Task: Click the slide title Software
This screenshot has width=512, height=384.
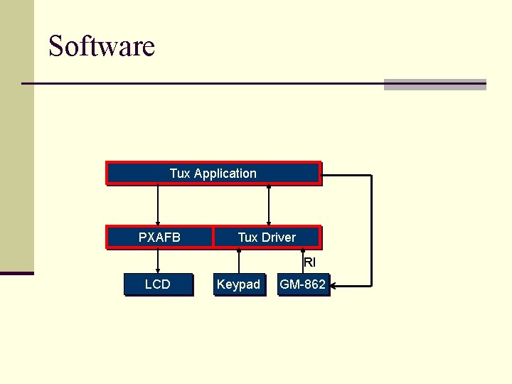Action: tap(101, 47)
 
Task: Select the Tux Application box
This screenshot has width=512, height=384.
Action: tap(213, 174)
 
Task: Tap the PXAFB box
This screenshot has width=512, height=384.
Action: tap(159, 238)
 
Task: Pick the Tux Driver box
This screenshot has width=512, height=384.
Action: tap(267, 238)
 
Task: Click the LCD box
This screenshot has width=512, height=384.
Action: tap(158, 284)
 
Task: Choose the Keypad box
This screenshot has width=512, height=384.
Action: tap(238, 284)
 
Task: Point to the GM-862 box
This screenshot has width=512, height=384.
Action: tap(303, 284)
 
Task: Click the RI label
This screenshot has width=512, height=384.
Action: tap(309, 262)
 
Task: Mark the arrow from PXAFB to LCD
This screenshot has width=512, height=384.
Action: tap(158, 260)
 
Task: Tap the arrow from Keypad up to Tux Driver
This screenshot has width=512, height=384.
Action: tap(239, 260)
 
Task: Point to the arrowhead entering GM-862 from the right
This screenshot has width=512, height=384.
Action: tap(336, 287)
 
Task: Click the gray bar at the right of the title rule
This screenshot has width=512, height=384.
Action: tap(434, 85)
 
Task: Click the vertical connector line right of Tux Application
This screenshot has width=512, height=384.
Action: tap(370, 228)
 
